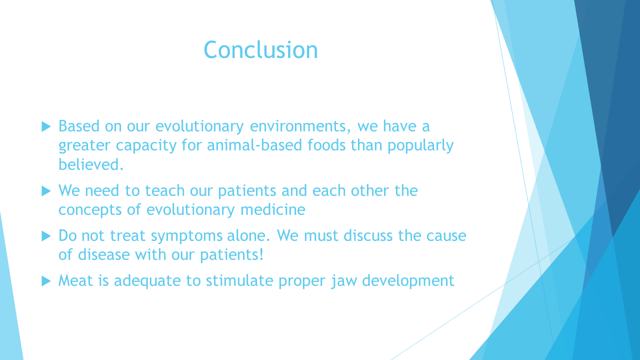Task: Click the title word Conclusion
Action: (x=260, y=49)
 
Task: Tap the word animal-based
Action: (x=254, y=145)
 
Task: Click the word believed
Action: (x=91, y=164)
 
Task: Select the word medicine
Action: (x=273, y=209)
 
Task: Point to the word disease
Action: (x=104, y=254)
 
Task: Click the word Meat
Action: (x=75, y=280)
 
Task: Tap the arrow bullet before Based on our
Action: (x=46, y=126)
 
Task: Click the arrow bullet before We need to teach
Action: (x=46, y=191)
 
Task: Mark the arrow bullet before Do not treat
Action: (x=46, y=236)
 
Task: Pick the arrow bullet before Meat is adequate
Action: (x=46, y=281)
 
